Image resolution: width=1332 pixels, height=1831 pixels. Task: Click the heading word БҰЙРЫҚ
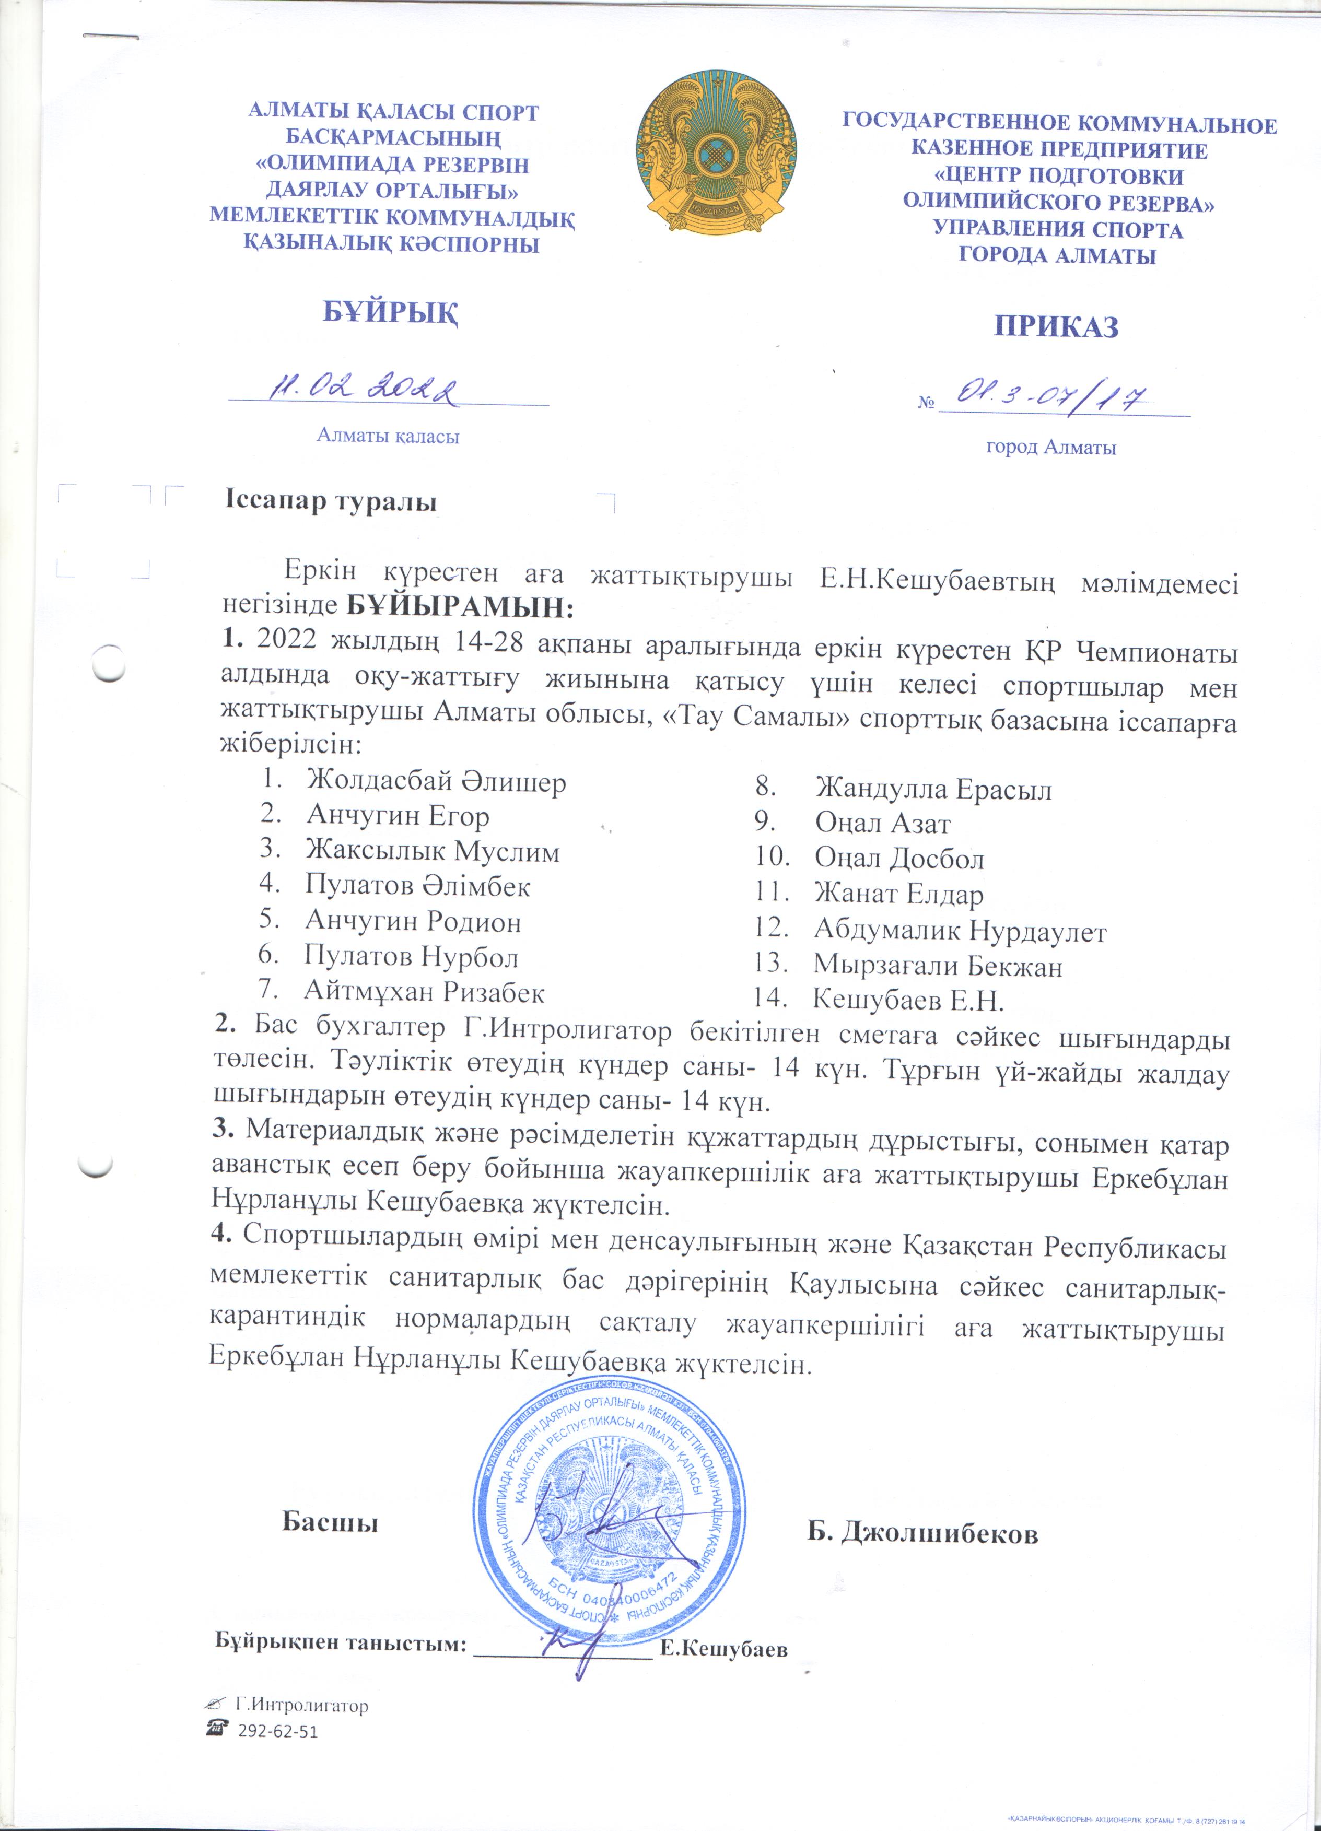point(392,313)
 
